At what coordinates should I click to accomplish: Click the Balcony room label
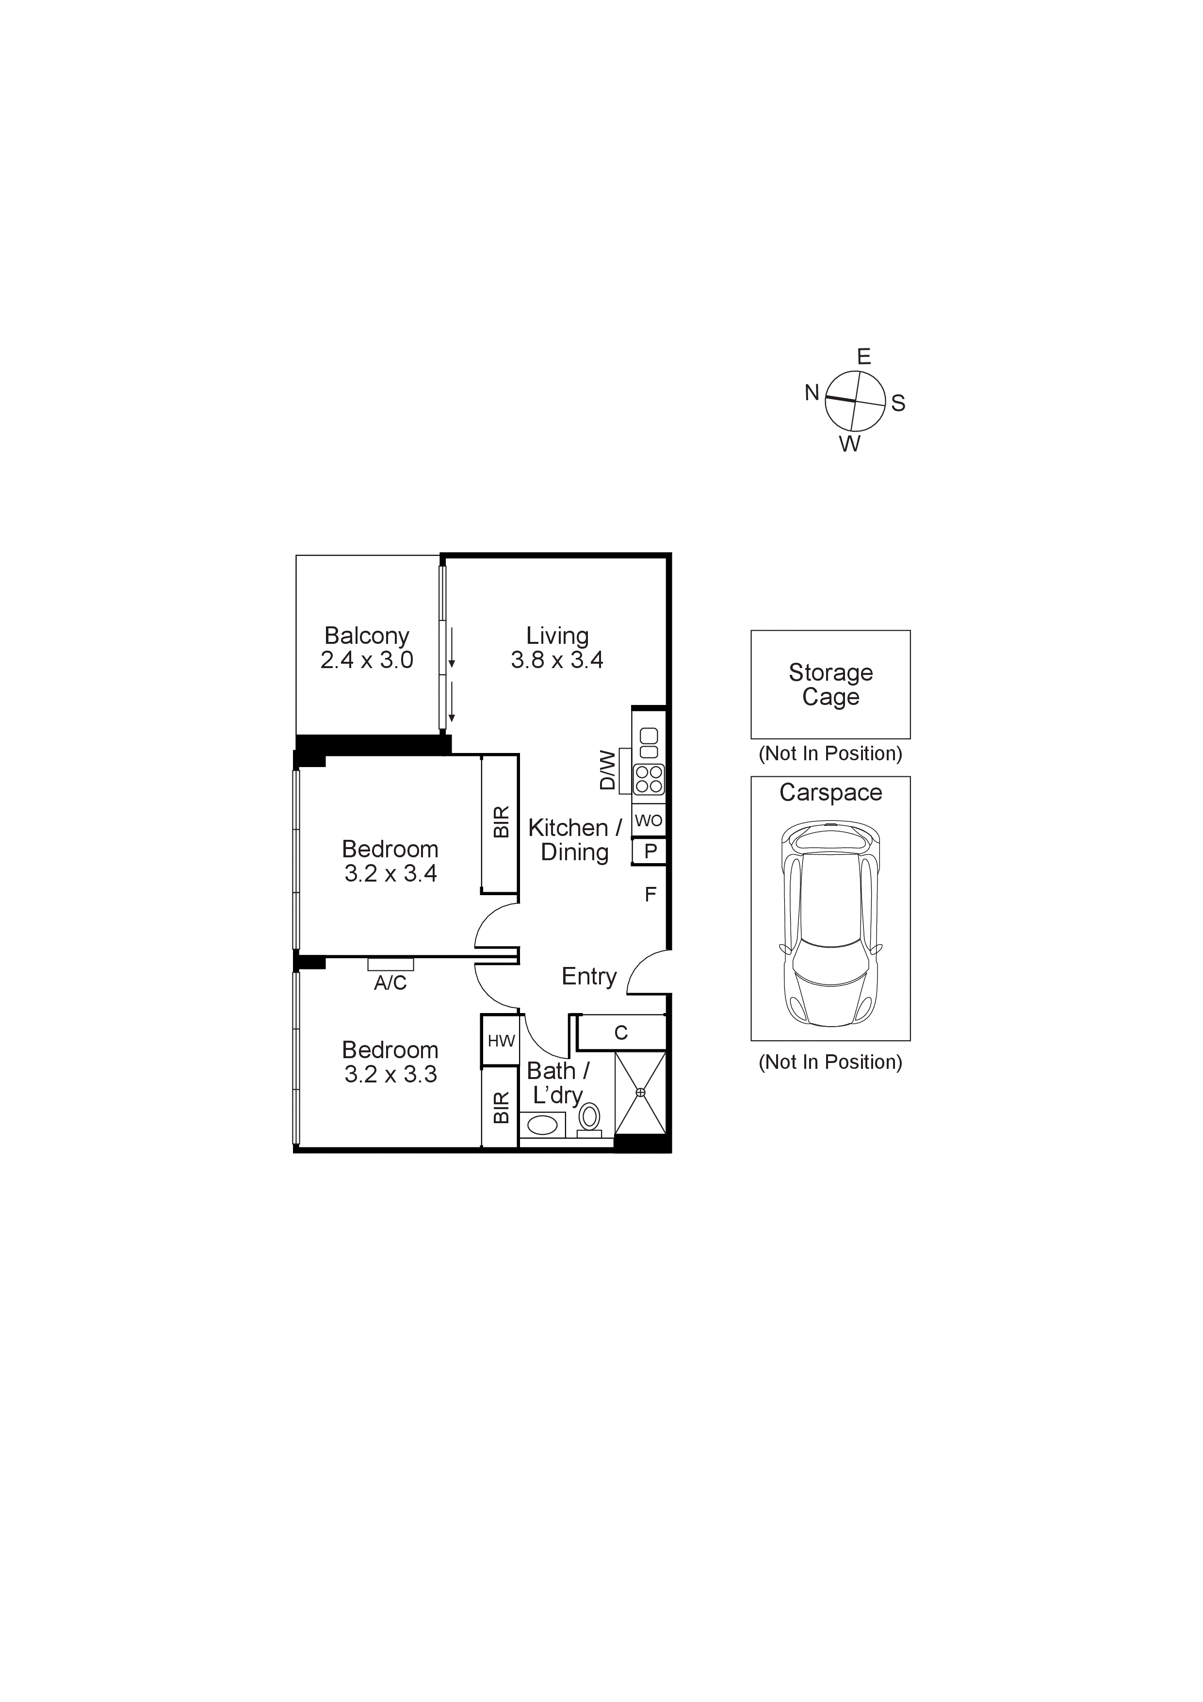point(366,636)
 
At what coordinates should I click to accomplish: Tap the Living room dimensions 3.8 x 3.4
point(557,660)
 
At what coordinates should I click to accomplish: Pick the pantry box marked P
point(650,852)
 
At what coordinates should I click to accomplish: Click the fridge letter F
point(650,895)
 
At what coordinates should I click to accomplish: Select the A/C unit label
point(390,983)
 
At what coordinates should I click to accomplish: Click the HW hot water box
point(501,1041)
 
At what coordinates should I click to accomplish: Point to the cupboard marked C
point(621,1032)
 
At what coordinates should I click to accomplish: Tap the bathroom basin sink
point(543,1125)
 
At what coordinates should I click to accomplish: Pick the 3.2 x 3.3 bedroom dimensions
point(390,1074)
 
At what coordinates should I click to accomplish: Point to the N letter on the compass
point(812,393)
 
